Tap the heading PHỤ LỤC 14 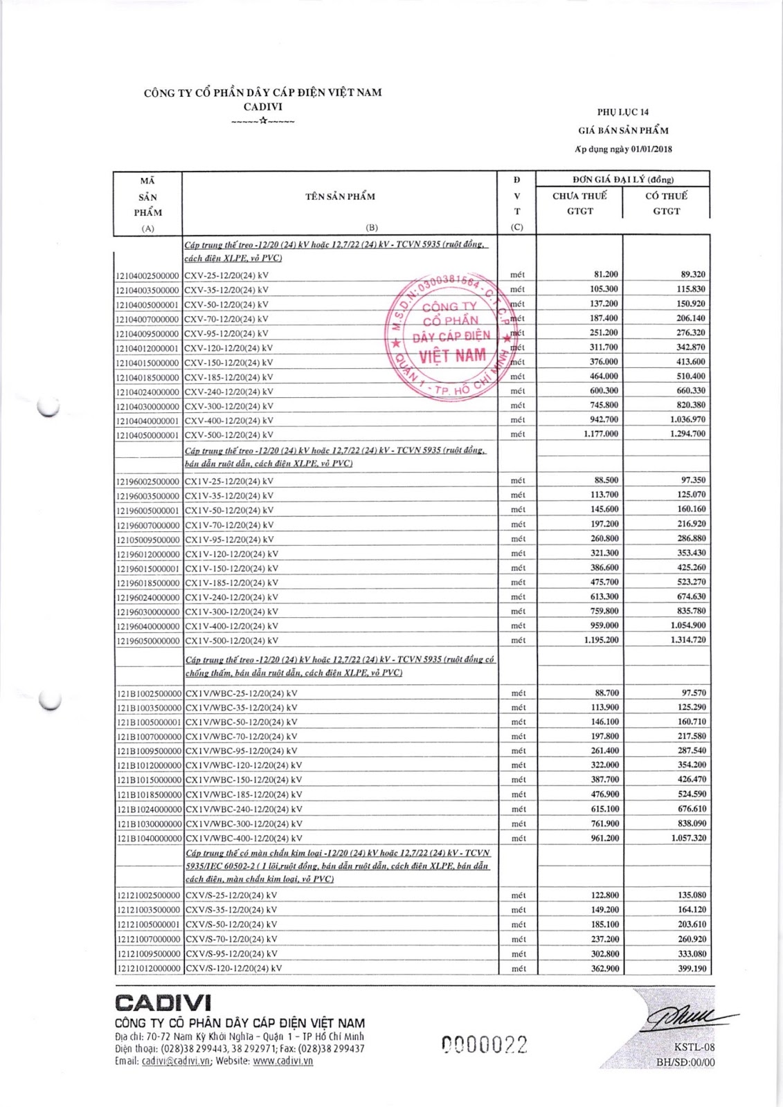[623, 112]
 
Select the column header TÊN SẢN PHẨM [340, 196]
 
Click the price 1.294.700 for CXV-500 [688, 434]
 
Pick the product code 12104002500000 [147, 275]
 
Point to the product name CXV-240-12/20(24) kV [228, 392]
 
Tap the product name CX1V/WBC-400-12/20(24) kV [244, 839]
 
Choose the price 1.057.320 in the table [688, 838]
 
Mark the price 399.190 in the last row [692, 969]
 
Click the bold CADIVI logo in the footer [163, 1003]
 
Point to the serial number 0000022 [485, 1045]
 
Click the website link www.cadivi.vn [282, 1061]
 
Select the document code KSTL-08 [694, 1048]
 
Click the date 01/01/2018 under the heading [651, 149]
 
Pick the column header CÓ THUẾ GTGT [666, 203]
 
